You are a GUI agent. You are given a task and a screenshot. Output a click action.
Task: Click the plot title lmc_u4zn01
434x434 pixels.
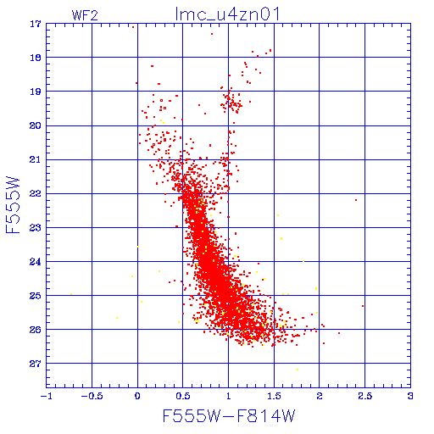(x=228, y=14)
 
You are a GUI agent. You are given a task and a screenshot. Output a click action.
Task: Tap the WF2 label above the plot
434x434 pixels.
(x=85, y=15)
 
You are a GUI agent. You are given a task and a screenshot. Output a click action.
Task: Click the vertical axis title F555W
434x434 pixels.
(x=13, y=205)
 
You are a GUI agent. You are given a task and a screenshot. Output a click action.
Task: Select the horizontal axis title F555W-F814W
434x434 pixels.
(x=229, y=415)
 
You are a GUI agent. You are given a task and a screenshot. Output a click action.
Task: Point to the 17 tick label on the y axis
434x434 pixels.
(x=36, y=24)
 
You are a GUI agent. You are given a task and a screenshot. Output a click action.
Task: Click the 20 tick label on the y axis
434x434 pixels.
(x=36, y=125)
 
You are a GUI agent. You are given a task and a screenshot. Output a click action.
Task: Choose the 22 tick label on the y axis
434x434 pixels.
(x=36, y=194)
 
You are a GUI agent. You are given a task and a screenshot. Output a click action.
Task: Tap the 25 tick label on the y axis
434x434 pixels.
(x=36, y=296)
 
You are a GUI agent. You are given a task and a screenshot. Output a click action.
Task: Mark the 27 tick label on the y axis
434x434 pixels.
(x=36, y=364)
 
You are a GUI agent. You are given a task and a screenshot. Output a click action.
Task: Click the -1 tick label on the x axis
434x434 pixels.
(x=46, y=396)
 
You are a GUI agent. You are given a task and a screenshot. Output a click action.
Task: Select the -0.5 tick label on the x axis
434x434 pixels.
(x=92, y=396)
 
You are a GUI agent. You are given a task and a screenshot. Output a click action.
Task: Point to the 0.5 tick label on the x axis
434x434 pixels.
(x=183, y=396)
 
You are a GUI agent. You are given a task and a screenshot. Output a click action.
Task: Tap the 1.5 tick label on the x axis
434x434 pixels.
(x=274, y=396)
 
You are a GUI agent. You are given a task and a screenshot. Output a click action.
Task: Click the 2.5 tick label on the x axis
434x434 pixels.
(x=364, y=396)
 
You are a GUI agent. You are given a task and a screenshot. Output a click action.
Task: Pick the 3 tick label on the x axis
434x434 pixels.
(x=410, y=396)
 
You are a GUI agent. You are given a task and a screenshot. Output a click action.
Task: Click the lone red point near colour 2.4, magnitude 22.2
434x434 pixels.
(x=356, y=200)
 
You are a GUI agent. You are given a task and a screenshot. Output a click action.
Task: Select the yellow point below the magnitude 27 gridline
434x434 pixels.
(x=298, y=370)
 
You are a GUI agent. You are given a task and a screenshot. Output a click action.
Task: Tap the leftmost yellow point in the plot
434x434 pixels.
(x=71, y=294)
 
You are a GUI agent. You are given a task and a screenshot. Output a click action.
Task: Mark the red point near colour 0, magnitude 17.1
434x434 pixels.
(x=133, y=27)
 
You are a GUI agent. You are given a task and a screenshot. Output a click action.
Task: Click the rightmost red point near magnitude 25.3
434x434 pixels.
(x=363, y=306)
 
